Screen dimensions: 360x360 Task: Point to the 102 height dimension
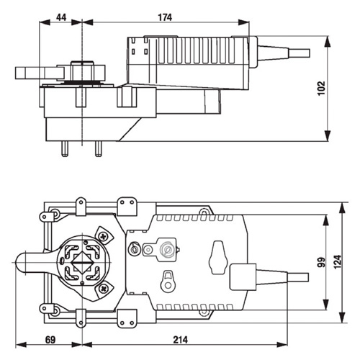pos(321,87)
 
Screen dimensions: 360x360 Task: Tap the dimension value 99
pos(321,264)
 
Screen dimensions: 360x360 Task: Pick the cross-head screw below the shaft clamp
pos(103,288)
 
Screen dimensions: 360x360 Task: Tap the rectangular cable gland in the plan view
pos(243,276)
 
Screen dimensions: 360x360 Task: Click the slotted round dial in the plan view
pos(168,251)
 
